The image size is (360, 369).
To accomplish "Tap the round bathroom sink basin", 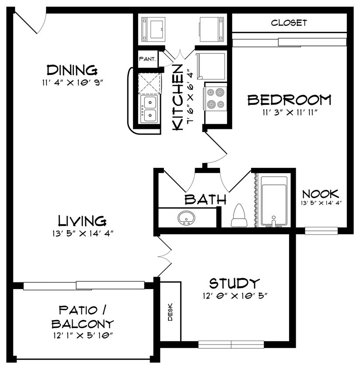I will (187, 217).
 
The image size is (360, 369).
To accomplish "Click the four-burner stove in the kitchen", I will (215, 98).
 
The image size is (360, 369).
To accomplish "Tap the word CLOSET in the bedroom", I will (289, 23).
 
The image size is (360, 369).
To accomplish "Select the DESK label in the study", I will (170, 312).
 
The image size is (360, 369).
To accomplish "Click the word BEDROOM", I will (289, 100).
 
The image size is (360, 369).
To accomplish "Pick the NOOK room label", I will (321, 194).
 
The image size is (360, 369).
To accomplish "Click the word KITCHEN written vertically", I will (178, 97).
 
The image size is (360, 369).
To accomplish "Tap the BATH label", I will (205, 200).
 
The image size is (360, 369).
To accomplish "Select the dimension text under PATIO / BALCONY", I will (82, 335).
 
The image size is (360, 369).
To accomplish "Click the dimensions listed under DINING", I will (71, 82).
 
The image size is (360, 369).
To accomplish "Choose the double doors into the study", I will (165, 255).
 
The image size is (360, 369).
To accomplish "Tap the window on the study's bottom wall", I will (231, 345).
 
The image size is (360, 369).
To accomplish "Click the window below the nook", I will (321, 230).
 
